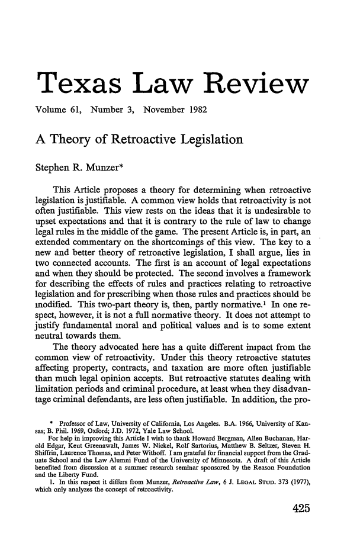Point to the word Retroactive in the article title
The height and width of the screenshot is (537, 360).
click(x=144, y=140)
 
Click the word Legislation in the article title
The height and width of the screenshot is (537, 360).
click(x=226, y=140)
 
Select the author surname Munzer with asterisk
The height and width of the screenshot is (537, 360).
click(x=111, y=166)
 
